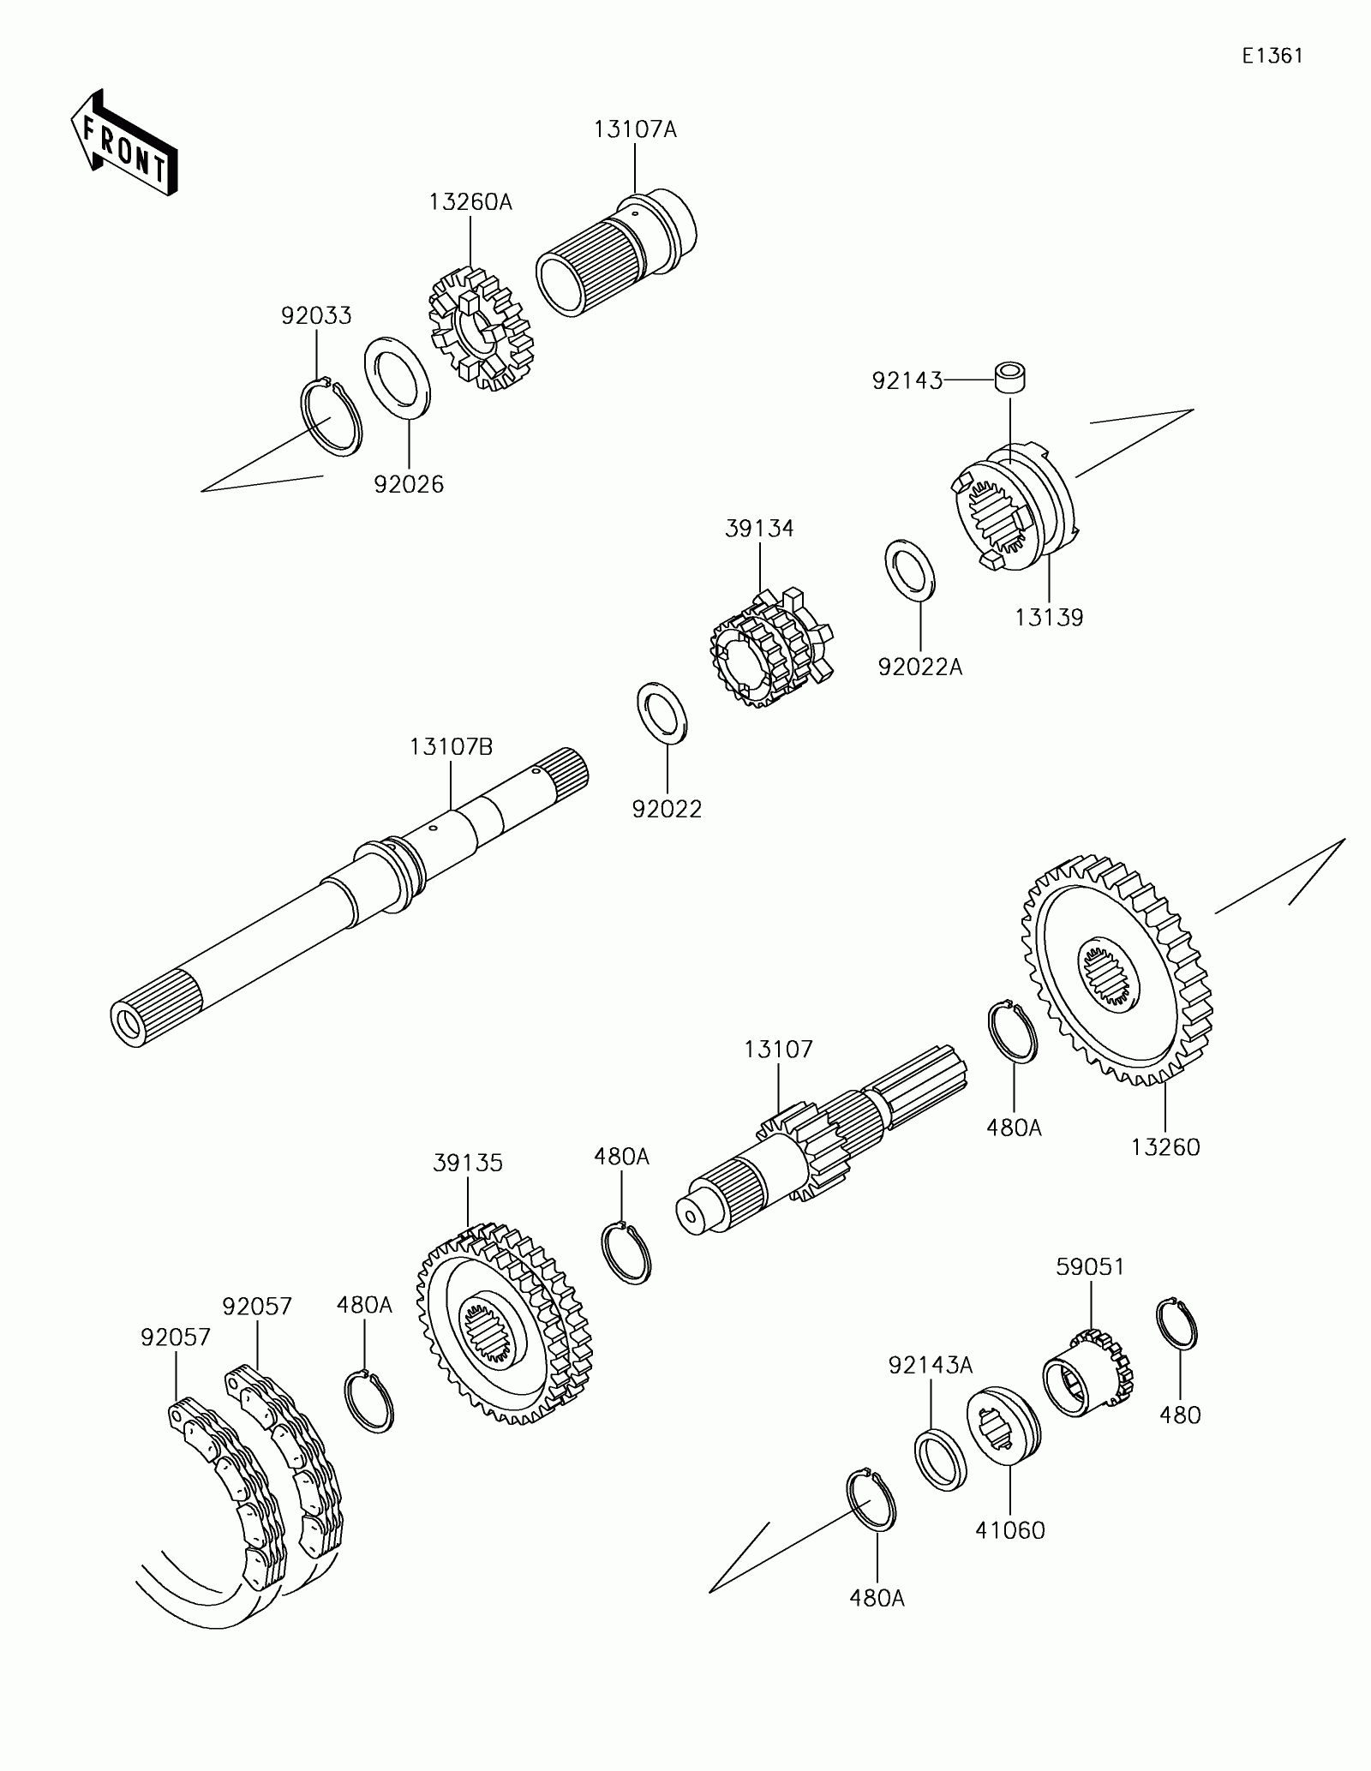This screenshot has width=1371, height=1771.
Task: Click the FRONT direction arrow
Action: coord(124,142)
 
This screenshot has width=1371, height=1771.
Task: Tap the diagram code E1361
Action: coord(1273,57)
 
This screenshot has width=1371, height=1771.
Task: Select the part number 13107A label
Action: coord(635,129)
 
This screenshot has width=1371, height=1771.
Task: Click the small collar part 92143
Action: coord(1011,376)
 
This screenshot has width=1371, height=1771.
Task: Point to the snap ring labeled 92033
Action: coord(332,416)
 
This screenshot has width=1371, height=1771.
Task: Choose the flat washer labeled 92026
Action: coord(398,378)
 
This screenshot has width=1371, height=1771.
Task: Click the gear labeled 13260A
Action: coord(480,329)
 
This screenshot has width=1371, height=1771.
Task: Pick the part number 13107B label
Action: coord(451,747)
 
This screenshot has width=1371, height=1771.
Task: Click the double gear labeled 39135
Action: coord(504,1324)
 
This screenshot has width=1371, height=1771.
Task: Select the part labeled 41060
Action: coord(1003,1427)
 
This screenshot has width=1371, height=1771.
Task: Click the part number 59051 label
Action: coord(1090,1266)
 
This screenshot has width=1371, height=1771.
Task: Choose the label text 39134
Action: coord(759,529)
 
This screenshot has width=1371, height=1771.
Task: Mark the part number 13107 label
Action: coord(778,1049)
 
